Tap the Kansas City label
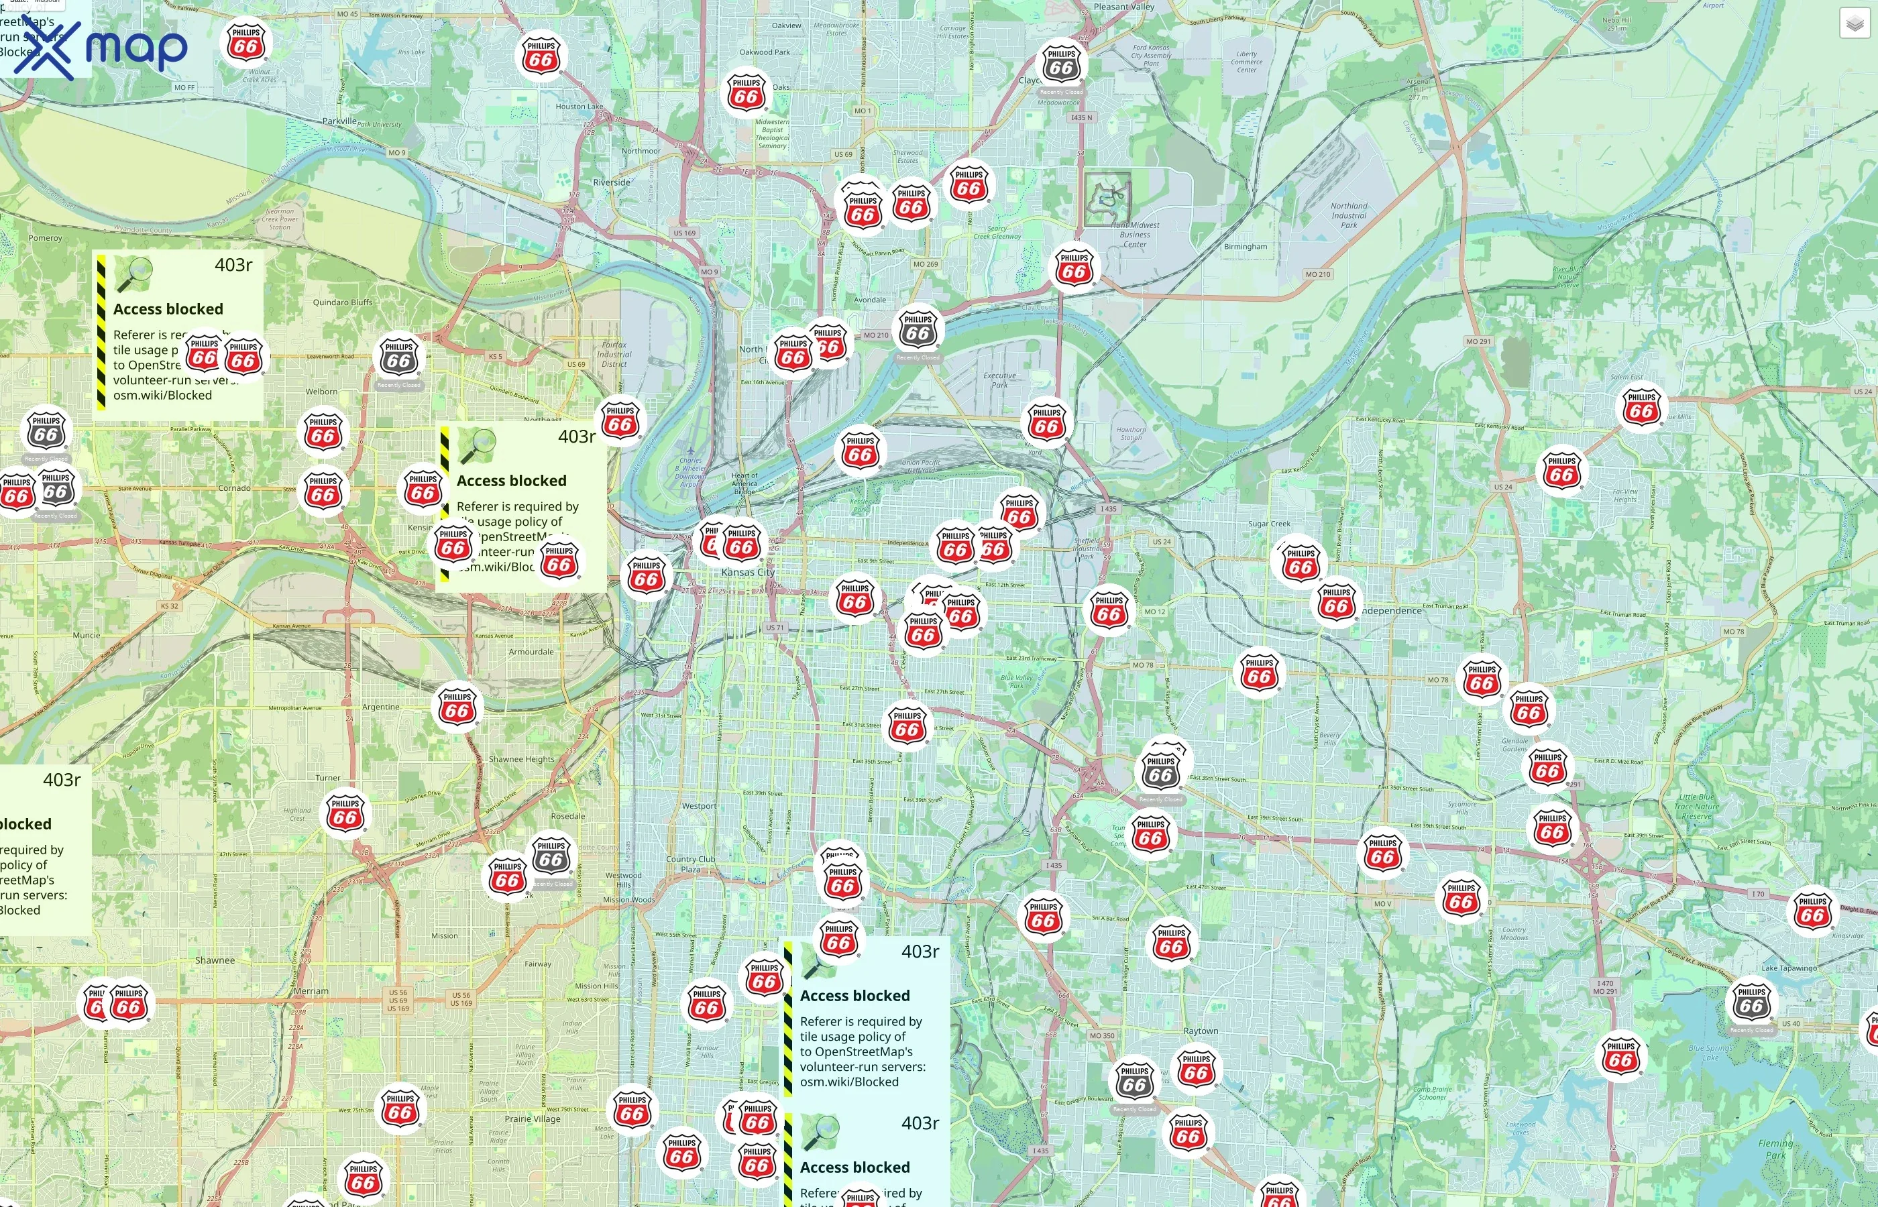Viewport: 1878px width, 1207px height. pos(748,572)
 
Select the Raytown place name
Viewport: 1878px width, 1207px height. pos(1201,1031)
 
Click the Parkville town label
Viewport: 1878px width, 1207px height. pos(339,121)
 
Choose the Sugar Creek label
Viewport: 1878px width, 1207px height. pos(1269,524)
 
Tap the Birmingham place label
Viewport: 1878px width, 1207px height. pos(1246,246)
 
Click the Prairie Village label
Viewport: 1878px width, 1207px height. pos(533,1118)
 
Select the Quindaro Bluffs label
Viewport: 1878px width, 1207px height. pos(343,302)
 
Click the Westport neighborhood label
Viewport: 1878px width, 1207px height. pos(698,806)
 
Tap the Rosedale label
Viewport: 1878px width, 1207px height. pos(567,816)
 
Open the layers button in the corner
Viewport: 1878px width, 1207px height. pos(1855,23)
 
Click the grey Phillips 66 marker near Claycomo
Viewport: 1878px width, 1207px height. pos(1061,64)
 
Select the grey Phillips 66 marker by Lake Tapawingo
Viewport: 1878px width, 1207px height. pos(1751,1002)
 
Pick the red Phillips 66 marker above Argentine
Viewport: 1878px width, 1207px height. pos(457,707)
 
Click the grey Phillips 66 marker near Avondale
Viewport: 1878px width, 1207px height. pos(918,330)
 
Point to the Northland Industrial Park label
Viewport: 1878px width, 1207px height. pos(1349,215)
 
